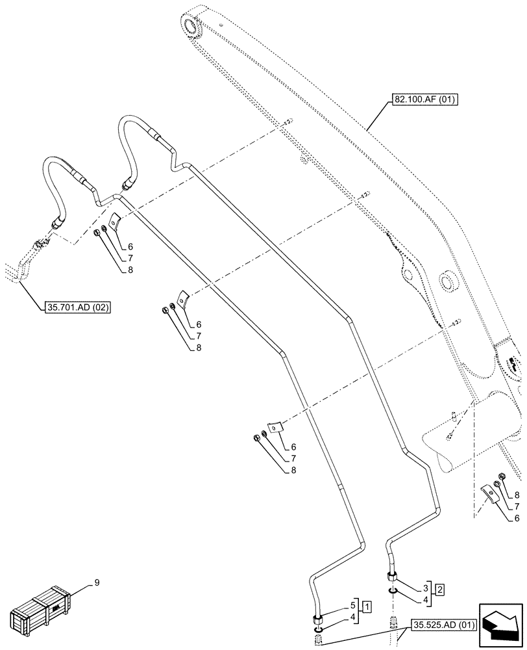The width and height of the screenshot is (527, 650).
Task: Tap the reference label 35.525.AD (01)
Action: [443, 625]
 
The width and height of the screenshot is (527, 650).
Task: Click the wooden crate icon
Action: [39, 610]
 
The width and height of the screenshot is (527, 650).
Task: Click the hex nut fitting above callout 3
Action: [392, 575]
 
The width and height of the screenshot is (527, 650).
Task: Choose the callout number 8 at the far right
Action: [516, 495]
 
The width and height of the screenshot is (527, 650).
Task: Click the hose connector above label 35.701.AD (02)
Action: [57, 224]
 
